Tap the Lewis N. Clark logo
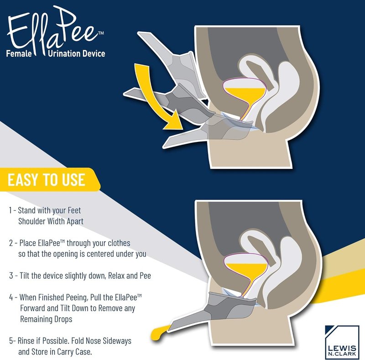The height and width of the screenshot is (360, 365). pos(342,342)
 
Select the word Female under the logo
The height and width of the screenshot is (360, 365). pos(19,53)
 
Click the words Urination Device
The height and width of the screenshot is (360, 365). pos(77,53)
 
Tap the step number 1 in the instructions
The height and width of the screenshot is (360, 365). pos(10,210)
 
